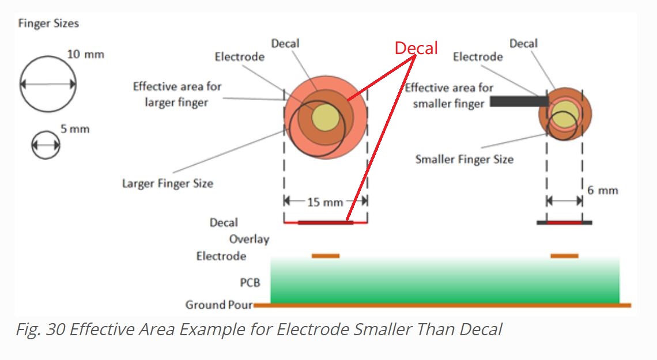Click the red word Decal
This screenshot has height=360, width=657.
(416, 48)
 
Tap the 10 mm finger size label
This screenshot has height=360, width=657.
(86, 55)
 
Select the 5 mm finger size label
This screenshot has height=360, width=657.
(75, 129)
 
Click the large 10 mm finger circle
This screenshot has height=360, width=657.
(48, 84)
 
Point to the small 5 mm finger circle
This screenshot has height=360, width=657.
(46, 145)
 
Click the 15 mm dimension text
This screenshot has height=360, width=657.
(325, 202)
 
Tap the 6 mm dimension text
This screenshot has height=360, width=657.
(603, 190)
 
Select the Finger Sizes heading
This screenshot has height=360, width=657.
(48, 24)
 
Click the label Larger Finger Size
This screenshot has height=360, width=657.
(167, 184)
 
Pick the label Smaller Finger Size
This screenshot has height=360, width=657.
(464, 159)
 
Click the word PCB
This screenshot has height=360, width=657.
(250, 283)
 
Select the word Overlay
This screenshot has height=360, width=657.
(249, 239)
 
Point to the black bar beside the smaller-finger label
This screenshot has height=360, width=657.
(518, 101)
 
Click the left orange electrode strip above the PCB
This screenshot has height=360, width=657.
(326, 256)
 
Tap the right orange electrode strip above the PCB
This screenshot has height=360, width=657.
(564, 256)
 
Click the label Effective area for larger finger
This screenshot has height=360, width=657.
(177, 94)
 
